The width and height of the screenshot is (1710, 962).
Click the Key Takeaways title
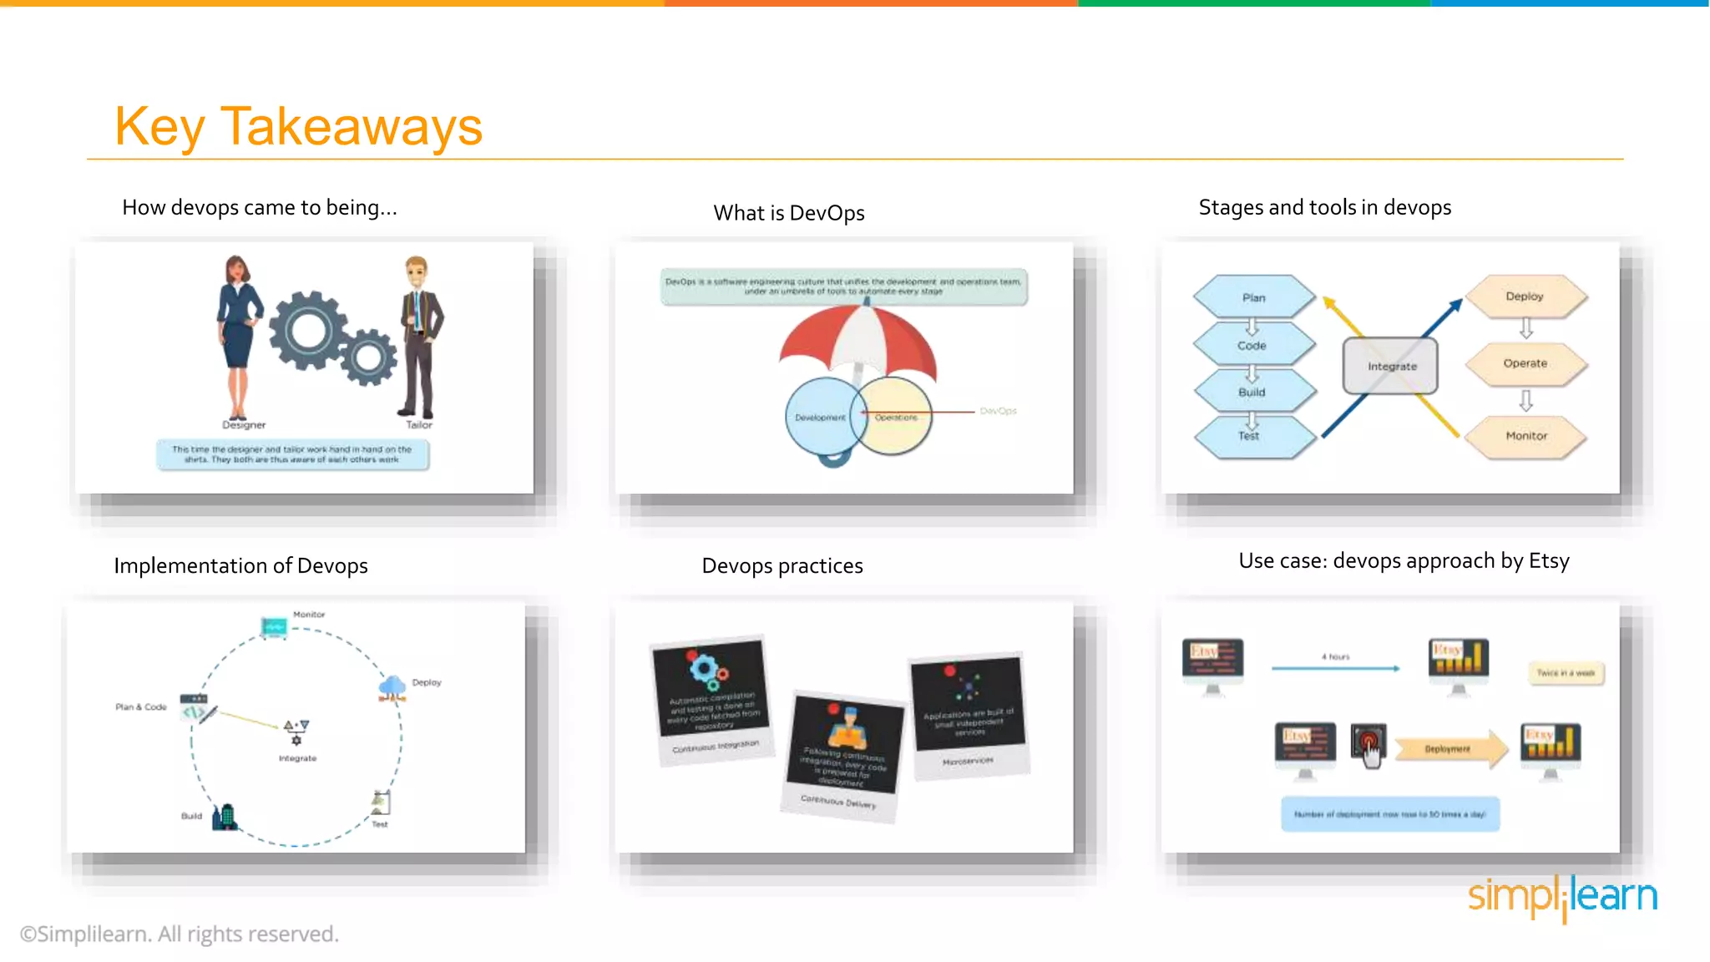(298, 127)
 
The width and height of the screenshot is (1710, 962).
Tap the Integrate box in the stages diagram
(1390, 366)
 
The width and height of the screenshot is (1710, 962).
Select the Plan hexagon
(1253, 297)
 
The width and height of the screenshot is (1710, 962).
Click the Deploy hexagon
(1525, 296)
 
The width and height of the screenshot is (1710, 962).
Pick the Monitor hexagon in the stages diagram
(1525, 436)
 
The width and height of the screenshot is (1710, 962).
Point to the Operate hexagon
(1525, 363)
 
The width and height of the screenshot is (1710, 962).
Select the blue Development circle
(818, 417)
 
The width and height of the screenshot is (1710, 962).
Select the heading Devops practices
(782, 566)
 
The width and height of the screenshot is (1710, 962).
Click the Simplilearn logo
(1562, 896)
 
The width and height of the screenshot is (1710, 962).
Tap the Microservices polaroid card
(969, 714)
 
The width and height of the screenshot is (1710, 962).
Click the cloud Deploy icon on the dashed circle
(392, 687)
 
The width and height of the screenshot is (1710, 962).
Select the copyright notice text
(180, 934)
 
